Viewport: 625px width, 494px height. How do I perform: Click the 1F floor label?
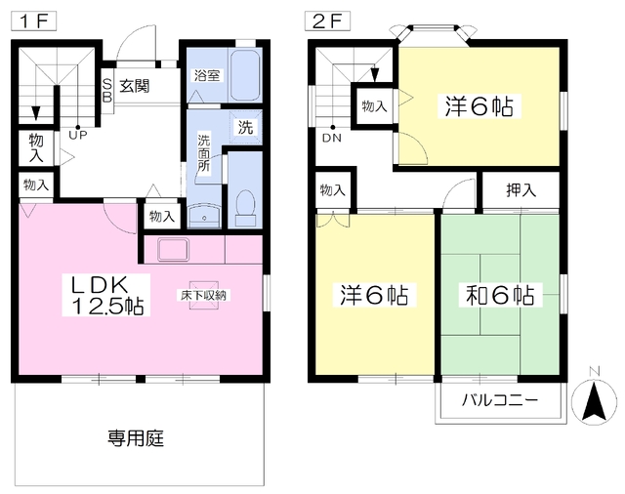(x=33, y=21)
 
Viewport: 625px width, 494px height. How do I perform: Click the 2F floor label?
(x=328, y=21)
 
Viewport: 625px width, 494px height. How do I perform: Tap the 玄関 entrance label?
(x=135, y=86)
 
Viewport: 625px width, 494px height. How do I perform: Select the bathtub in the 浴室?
(x=245, y=75)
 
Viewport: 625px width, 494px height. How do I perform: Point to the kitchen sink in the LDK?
(x=174, y=250)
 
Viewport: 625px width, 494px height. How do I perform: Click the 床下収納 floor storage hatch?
(x=204, y=295)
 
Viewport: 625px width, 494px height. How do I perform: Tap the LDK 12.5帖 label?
(x=106, y=295)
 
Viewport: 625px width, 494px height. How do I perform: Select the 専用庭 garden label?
(x=136, y=438)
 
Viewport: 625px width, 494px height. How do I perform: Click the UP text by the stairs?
(x=78, y=135)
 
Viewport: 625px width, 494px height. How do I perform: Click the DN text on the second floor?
(x=332, y=138)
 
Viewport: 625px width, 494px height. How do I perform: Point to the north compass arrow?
(x=594, y=401)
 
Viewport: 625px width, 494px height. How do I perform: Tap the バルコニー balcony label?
(x=500, y=399)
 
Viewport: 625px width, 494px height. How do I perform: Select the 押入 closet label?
(x=521, y=190)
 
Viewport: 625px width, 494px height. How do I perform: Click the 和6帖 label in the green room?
(x=500, y=295)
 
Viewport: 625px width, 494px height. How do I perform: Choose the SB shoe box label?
(x=107, y=91)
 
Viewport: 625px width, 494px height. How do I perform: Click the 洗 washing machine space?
(x=245, y=127)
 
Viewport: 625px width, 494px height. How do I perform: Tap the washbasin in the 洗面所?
(x=204, y=217)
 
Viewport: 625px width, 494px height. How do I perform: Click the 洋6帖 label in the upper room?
(x=479, y=106)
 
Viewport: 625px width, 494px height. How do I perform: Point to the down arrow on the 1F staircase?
(x=36, y=112)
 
